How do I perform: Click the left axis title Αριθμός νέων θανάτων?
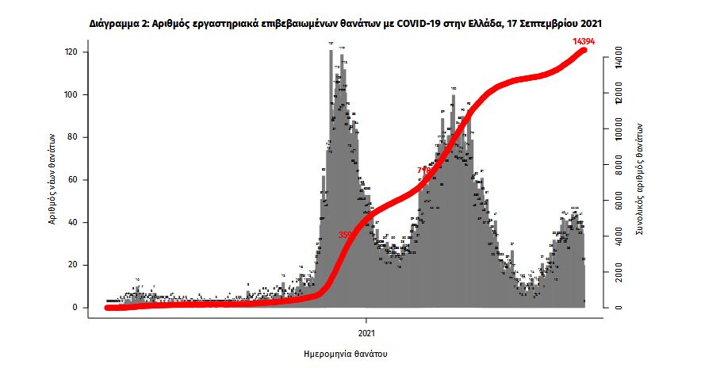point(52,179)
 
